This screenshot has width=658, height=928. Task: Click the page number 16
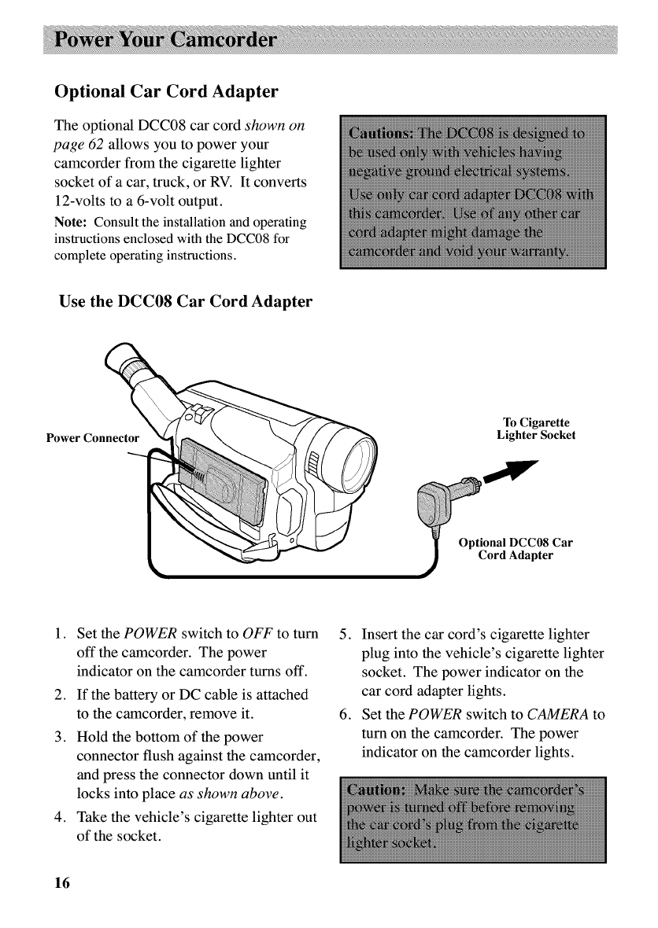coord(61,882)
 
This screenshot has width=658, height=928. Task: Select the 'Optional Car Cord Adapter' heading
coord(165,91)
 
